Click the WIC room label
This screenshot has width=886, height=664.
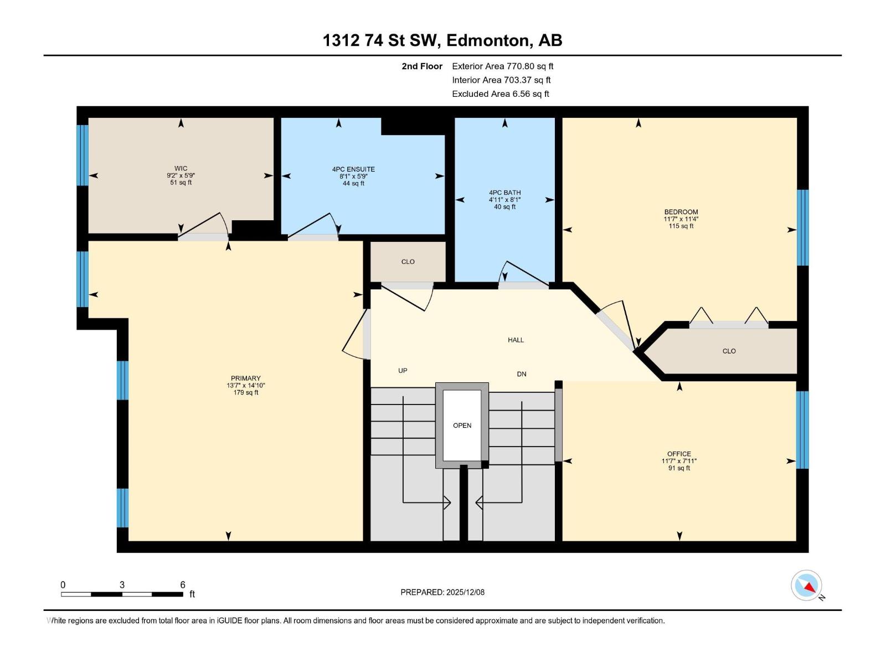181,169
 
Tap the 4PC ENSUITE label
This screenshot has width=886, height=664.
353,169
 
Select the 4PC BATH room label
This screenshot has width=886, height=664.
504,193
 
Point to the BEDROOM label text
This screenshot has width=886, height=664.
681,212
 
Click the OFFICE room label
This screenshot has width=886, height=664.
679,454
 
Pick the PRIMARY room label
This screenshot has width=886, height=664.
245,378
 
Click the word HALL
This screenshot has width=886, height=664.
516,340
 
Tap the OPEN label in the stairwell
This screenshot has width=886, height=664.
462,426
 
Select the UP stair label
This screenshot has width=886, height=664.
403,371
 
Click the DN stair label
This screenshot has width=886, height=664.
521,374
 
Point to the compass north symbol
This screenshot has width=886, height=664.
807,586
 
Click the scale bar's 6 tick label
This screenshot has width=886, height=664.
182,585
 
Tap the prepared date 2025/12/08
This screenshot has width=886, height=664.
465,592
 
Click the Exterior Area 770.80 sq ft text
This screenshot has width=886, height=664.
502,66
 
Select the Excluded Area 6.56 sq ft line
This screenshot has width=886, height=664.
500,94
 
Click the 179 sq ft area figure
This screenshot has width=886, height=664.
245,393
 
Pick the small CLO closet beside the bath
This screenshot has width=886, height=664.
408,262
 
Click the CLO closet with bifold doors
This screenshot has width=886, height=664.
729,351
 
